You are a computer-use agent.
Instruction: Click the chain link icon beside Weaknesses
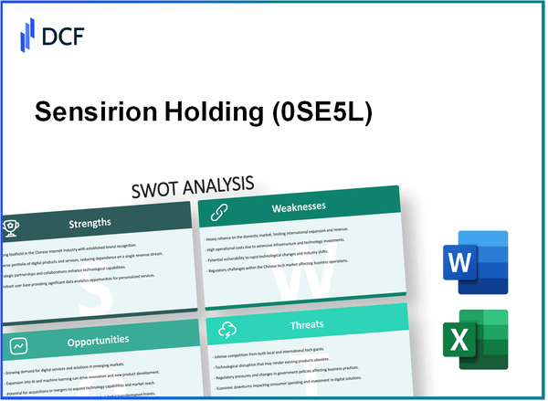click(x=219, y=211)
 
